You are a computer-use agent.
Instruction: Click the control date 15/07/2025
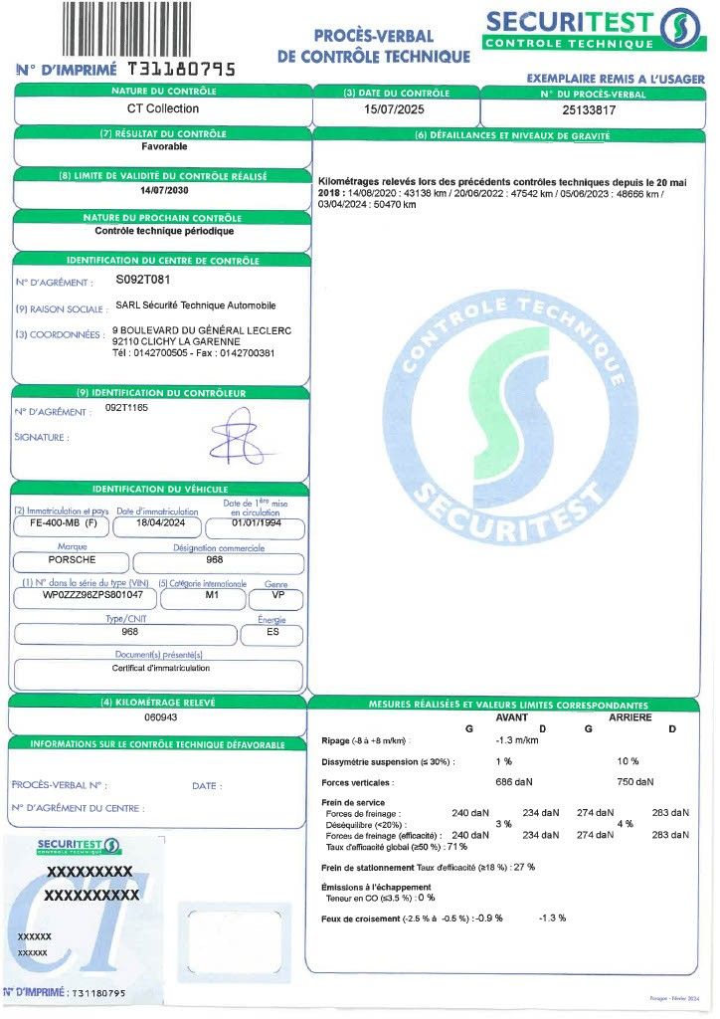click(x=395, y=110)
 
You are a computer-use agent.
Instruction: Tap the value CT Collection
click(x=163, y=108)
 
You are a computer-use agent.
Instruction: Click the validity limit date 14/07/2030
click(x=163, y=189)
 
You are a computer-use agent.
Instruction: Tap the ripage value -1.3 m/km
click(x=517, y=740)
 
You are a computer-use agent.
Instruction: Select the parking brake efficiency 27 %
click(x=524, y=867)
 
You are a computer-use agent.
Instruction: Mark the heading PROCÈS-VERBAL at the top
click(x=373, y=36)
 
